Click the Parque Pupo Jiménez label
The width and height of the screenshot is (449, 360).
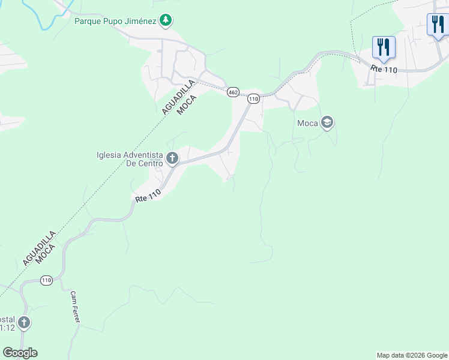tap(115, 22)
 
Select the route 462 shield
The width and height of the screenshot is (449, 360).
tap(233, 92)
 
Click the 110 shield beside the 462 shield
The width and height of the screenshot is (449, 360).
tap(253, 98)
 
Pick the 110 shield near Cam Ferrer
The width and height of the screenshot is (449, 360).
tap(47, 280)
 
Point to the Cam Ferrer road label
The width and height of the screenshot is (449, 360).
tap(75, 307)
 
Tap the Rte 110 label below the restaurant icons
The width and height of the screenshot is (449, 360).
tap(384, 70)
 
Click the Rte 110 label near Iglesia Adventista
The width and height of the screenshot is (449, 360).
tap(148, 196)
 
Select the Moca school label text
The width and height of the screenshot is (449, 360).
tap(307, 124)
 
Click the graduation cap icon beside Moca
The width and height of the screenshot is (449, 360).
tap(327, 123)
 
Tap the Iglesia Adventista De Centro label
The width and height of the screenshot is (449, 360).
tap(130, 159)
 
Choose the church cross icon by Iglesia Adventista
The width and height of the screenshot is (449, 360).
tap(172, 158)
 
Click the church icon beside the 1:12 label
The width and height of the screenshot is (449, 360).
tap(23, 323)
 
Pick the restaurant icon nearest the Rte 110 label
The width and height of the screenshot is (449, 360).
tap(383, 47)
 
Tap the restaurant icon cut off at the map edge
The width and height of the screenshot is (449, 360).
tap(438, 25)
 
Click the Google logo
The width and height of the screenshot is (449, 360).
tap(20, 353)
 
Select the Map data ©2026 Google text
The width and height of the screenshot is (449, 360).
tap(412, 355)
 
